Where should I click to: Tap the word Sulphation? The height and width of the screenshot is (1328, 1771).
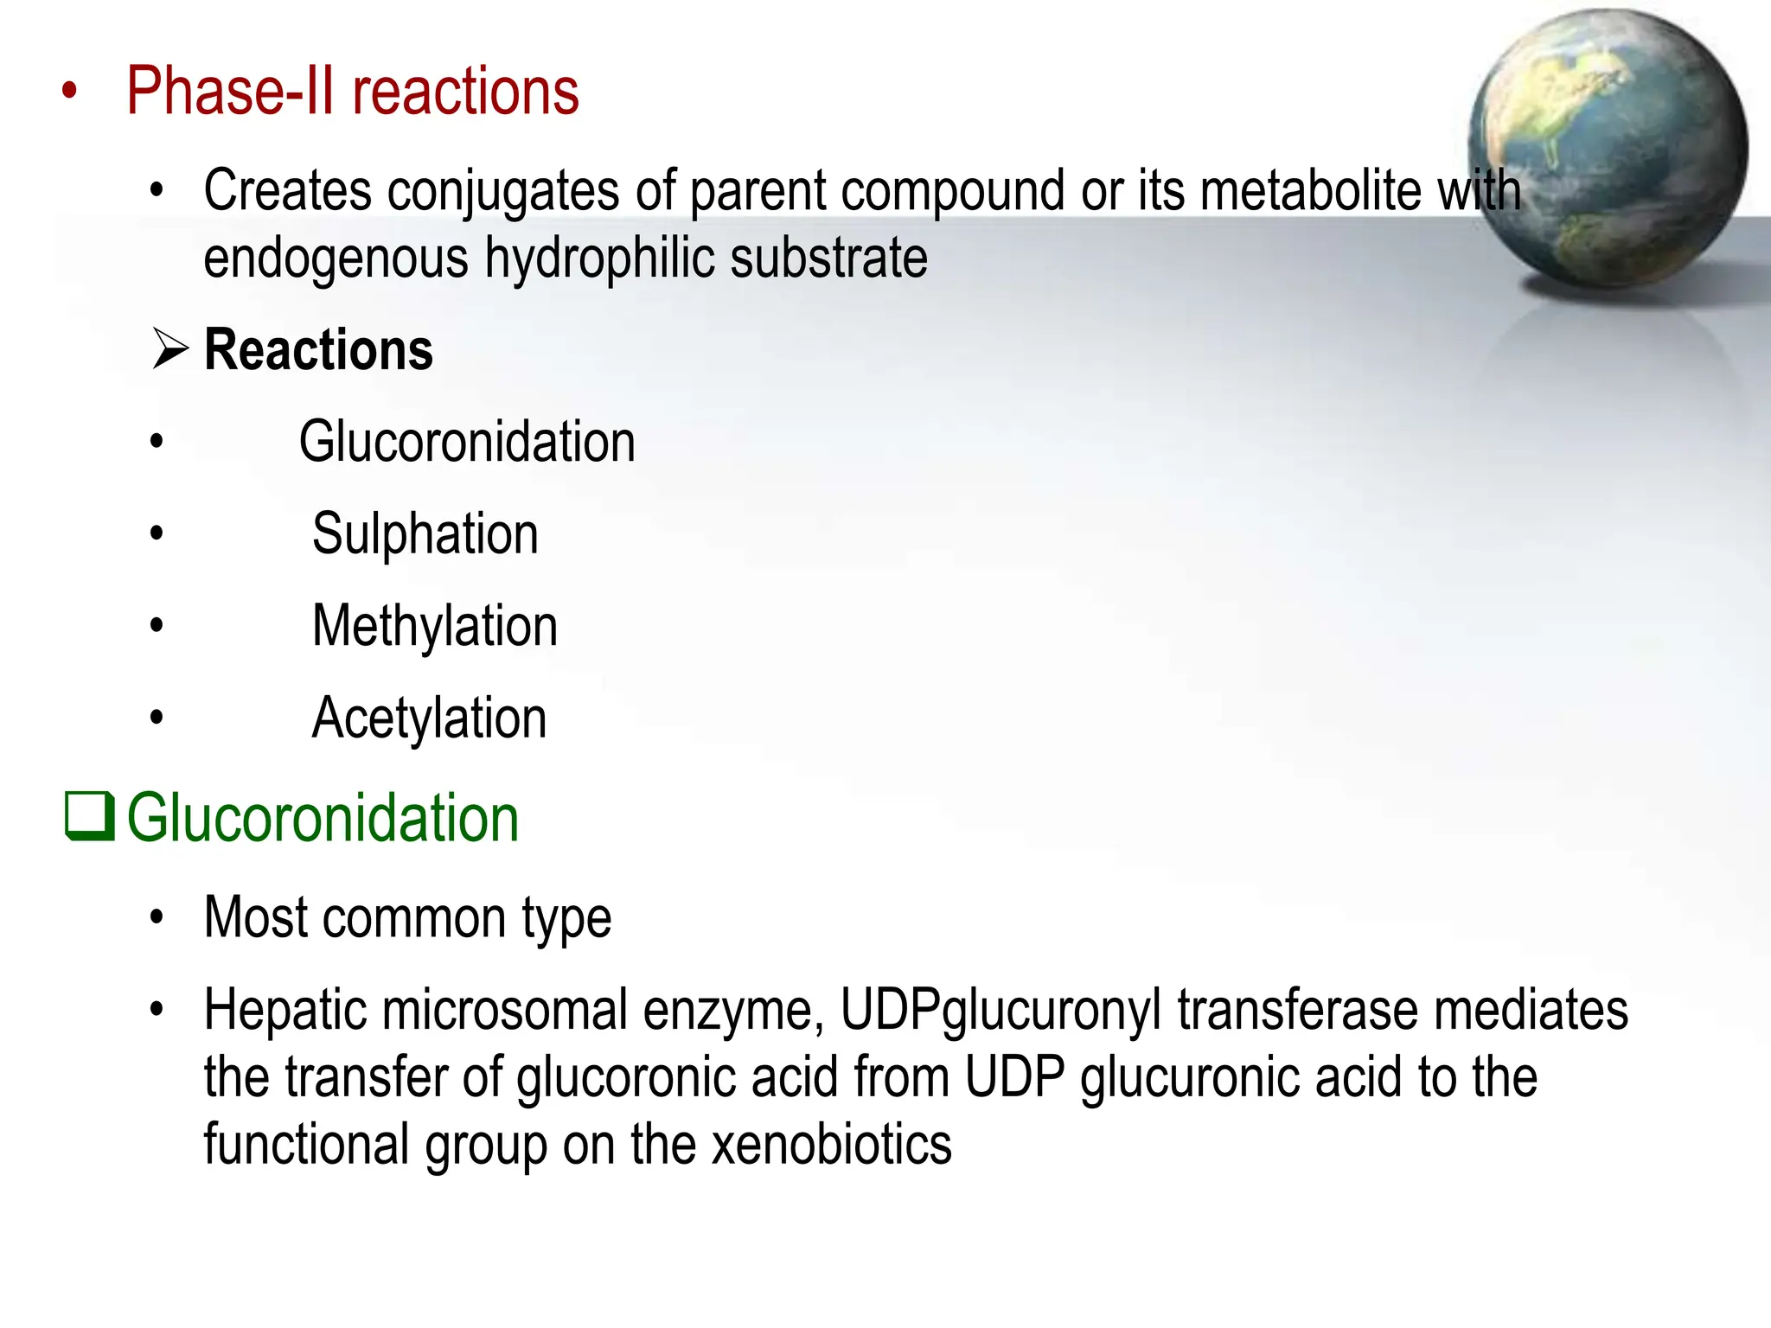[x=425, y=534]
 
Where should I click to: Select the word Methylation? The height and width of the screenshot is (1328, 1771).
[x=434, y=626]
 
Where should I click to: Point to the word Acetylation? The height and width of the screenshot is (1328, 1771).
[x=429, y=718]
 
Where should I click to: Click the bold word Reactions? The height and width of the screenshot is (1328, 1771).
[x=318, y=350]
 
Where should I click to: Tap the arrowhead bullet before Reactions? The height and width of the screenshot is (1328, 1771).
[x=170, y=349]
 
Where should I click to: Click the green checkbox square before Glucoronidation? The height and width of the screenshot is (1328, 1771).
[x=89, y=816]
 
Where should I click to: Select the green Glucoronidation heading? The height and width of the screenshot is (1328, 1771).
[x=323, y=818]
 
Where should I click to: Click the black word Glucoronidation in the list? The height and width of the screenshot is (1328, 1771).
[x=467, y=443]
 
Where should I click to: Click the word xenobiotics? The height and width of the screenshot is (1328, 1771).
[x=831, y=1145]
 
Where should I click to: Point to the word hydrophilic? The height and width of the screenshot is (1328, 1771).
[x=598, y=259]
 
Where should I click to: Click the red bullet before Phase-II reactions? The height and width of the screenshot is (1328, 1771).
[x=70, y=92]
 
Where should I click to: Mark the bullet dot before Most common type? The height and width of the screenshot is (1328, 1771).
[x=157, y=918]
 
